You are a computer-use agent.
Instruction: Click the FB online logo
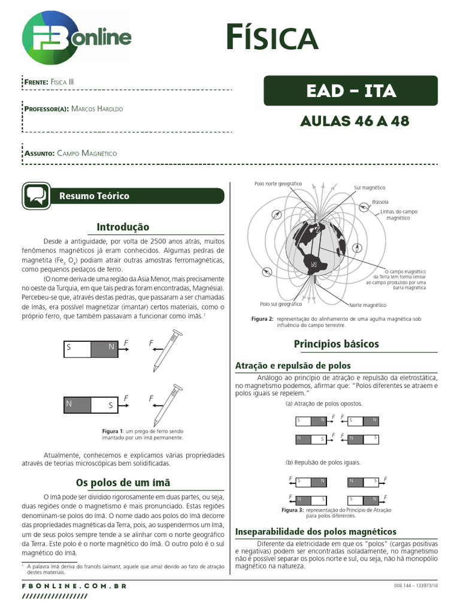coord(76,39)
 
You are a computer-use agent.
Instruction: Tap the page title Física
coord(271,38)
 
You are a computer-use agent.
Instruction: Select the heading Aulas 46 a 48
coord(355,121)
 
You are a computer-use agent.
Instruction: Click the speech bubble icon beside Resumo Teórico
coord(36,196)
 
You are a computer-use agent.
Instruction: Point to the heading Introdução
coord(123,227)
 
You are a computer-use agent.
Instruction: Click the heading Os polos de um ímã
coord(123,482)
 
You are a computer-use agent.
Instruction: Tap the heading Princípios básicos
coord(336,344)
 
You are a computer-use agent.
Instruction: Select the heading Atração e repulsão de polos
coord(293,365)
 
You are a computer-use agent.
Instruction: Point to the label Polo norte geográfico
coord(278,183)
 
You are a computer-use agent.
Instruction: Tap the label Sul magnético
coord(370,188)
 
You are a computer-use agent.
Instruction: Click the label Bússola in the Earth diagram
coord(380,202)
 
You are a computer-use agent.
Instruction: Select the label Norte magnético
coord(368,305)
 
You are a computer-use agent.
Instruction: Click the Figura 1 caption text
coord(143,434)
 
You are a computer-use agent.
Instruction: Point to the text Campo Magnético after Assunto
coord(87,153)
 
